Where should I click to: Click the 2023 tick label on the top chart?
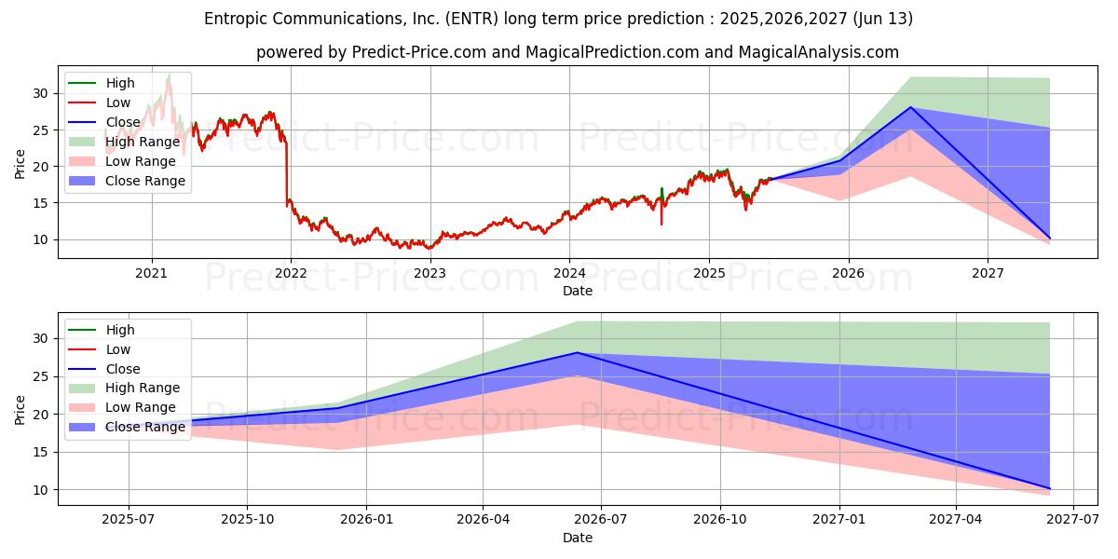(x=429, y=273)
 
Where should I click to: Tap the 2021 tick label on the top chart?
(x=152, y=273)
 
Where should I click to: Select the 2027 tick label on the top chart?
(x=988, y=273)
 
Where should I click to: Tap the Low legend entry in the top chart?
(x=118, y=102)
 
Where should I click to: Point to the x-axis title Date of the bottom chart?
(x=578, y=538)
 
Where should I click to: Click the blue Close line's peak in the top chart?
(x=911, y=107)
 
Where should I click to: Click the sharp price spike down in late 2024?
(x=661, y=224)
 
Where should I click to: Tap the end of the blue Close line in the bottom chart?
(x=1050, y=488)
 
